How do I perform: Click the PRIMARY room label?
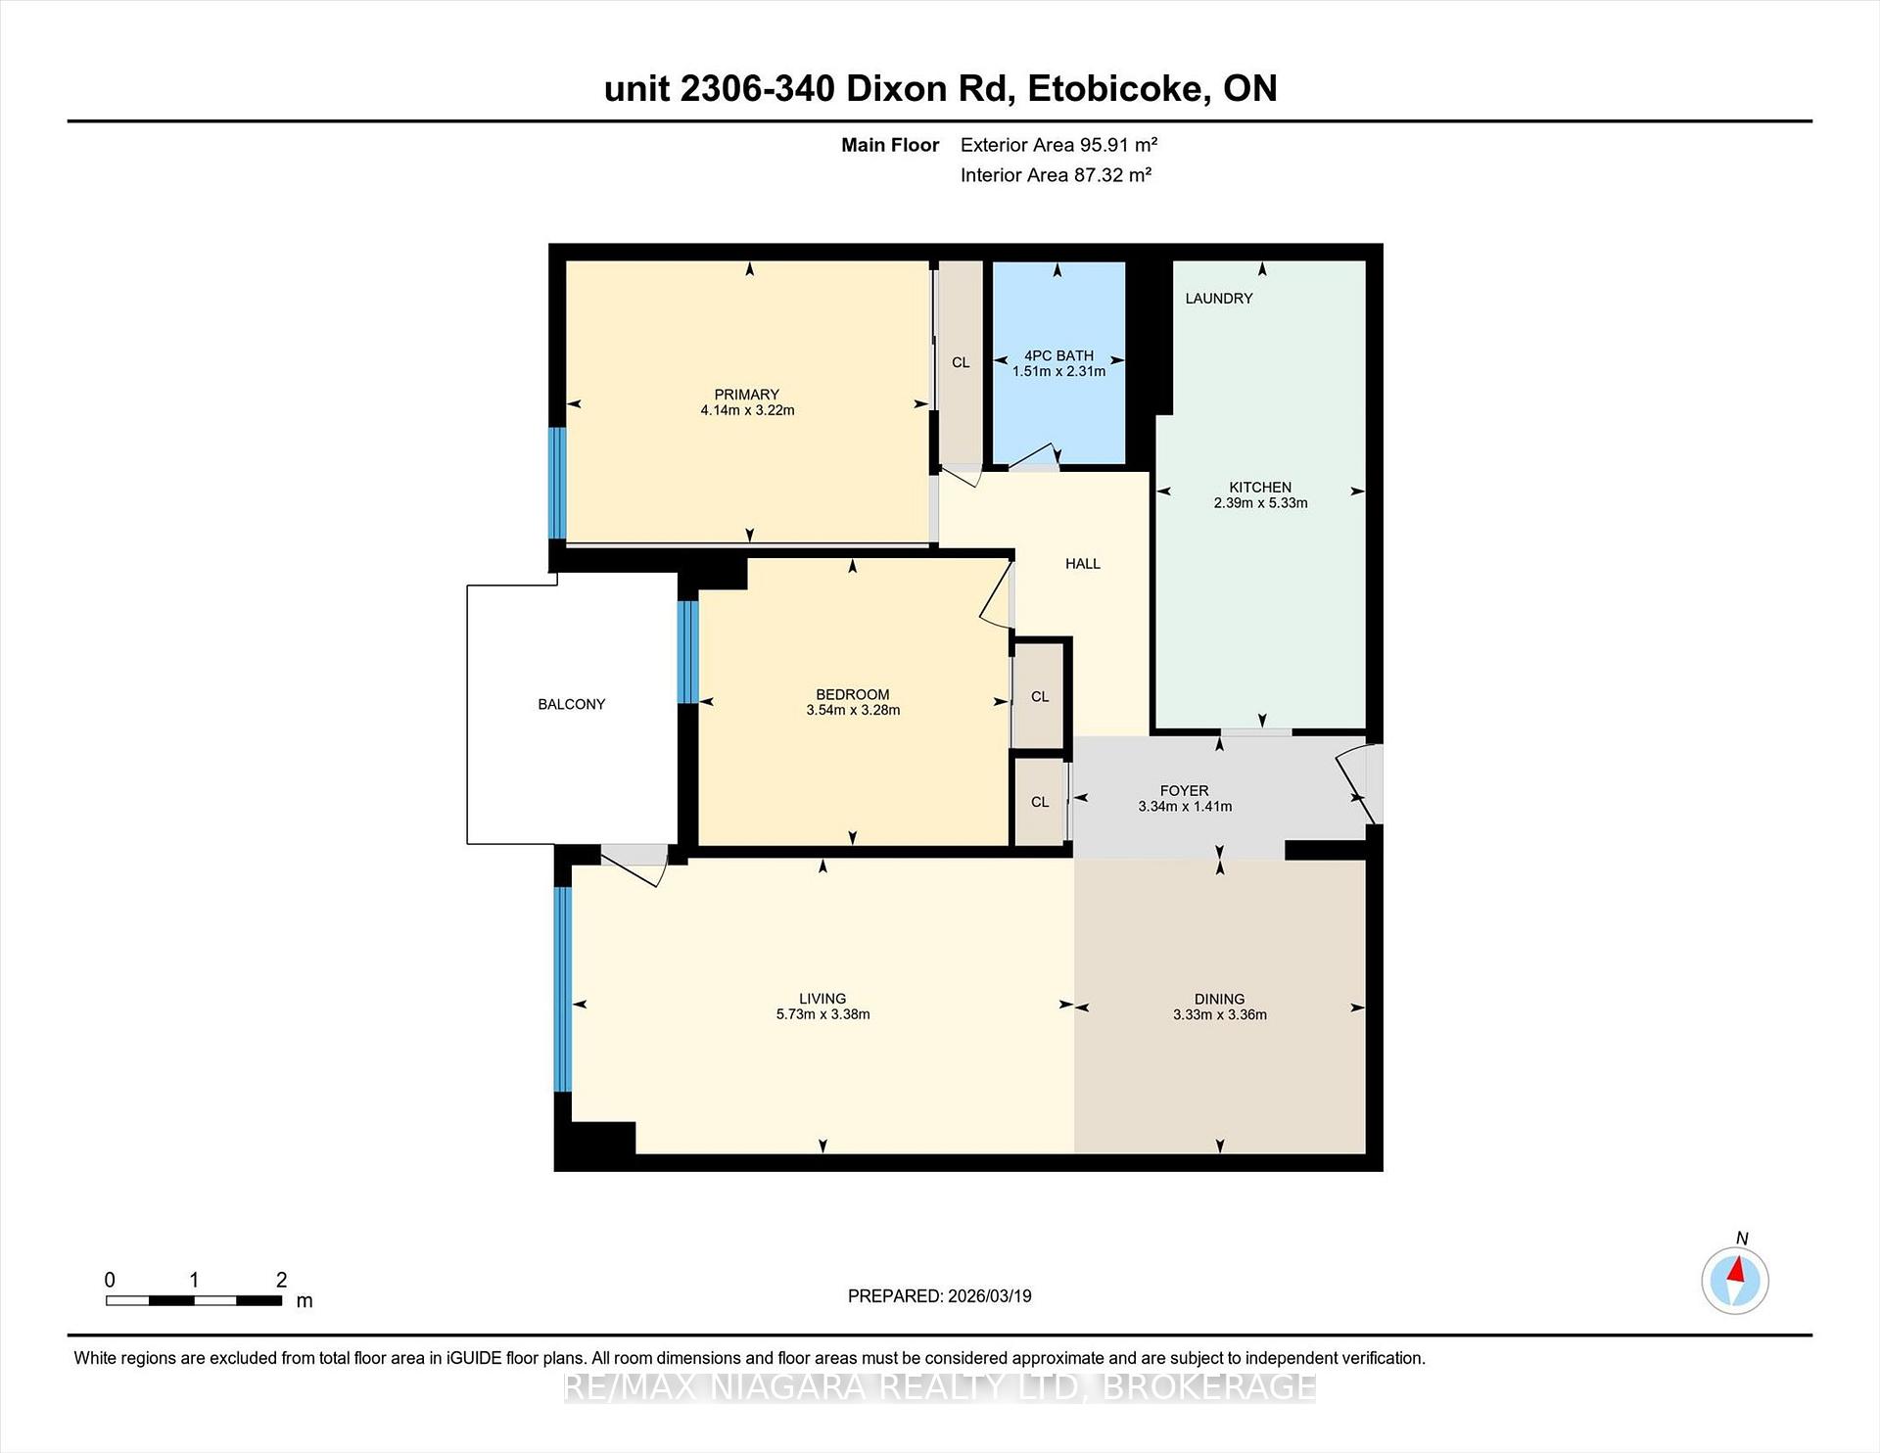pos(746,395)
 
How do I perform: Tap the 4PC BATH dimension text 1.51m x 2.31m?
pos(1058,371)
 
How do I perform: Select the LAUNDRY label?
pos(1218,299)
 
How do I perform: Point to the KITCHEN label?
pos(1260,487)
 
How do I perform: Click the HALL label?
pos(1082,564)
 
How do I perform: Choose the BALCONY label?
pos(571,704)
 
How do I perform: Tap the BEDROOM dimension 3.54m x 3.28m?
pos(853,711)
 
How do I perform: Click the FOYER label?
pos(1184,790)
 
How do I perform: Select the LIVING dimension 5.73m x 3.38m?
pos(822,1014)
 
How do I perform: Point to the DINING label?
pos(1219,999)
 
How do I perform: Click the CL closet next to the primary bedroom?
pos(961,362)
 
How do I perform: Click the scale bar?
pos(194,1300)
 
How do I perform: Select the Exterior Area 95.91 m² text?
pos(1058,145)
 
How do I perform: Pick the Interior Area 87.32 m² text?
pos(1056,175)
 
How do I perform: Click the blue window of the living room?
pos(562,989)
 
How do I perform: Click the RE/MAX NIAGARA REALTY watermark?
pos(940,1386)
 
